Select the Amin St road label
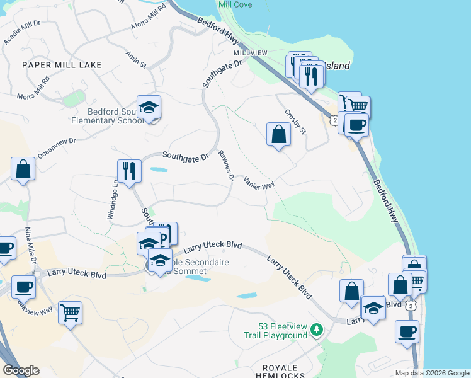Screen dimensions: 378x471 135,60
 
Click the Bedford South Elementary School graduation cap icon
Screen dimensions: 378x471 149,108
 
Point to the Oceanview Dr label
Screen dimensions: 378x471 57,148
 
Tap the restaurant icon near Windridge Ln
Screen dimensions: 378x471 129,171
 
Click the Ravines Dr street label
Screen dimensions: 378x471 226,166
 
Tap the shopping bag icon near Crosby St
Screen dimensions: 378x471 278,135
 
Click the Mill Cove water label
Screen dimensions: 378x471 234,4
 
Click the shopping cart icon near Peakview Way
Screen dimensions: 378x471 71,312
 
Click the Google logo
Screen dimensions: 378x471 21,370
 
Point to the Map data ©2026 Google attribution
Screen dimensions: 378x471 431,373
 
